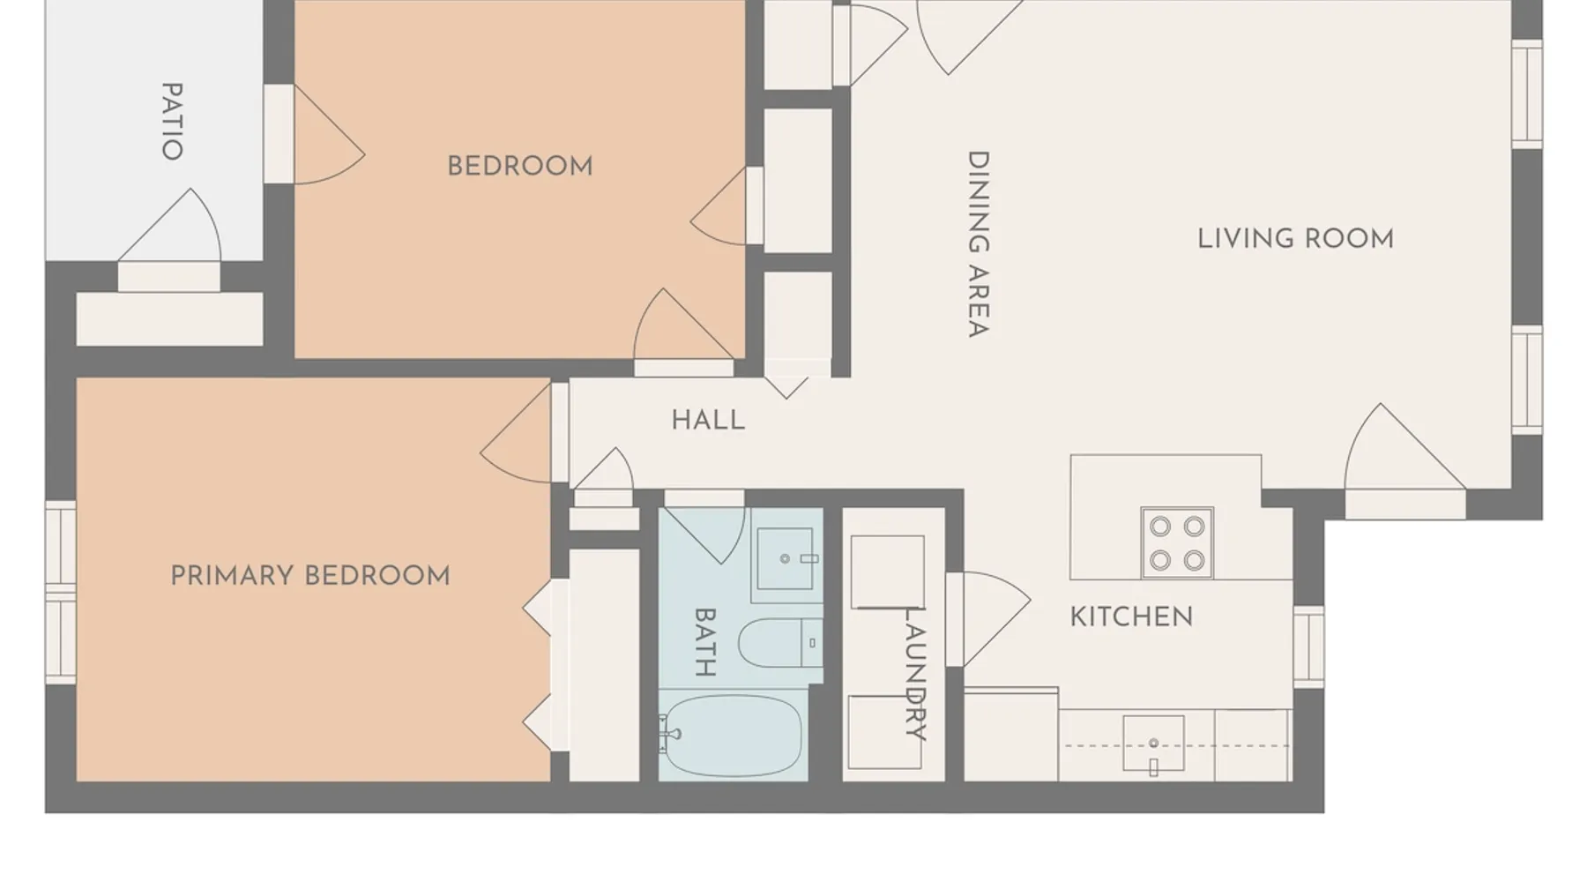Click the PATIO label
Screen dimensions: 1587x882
[172, 121]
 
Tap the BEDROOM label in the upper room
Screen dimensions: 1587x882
[520, 166]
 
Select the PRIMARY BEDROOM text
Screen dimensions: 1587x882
[310, 576]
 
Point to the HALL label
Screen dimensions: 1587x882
[708, 420]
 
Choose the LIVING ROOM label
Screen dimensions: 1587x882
[1295, 238]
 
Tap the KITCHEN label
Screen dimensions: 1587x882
[1131, 617]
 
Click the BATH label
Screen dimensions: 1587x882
[704, 641]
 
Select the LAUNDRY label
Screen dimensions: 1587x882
[915, 673]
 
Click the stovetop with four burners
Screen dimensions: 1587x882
[1177, 542]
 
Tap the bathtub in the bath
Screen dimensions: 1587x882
[731, 736]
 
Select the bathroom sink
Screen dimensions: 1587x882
[786, 558]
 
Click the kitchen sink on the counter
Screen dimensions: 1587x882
[1153, 744]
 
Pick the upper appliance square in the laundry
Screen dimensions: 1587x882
[888, 572]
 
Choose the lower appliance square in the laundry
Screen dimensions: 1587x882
[885, 732]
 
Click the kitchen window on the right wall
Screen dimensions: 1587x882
[1308, 646]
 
